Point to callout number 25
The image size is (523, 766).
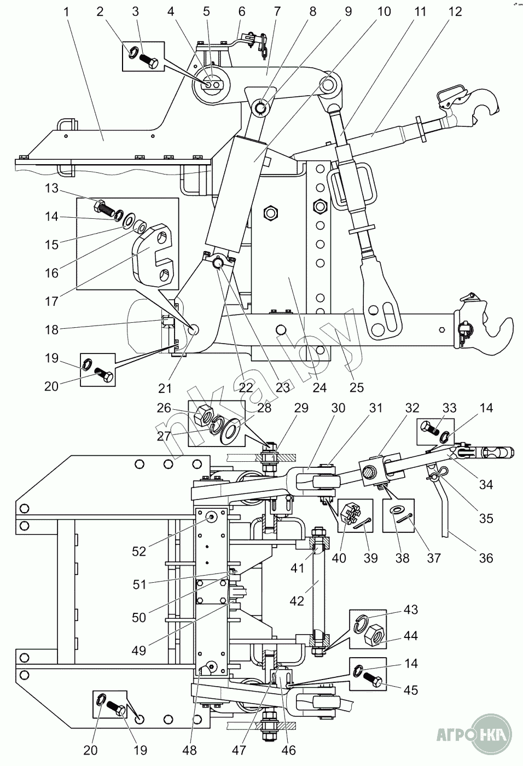pos(356,388)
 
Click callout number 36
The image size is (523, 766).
pos(486,558)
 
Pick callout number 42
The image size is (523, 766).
pos(297,601)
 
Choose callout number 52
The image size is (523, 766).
pos(139,552)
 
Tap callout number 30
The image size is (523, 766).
pos(339,408)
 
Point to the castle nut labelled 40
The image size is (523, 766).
pos(348,514)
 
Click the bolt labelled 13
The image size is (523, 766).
pos(104,208)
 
